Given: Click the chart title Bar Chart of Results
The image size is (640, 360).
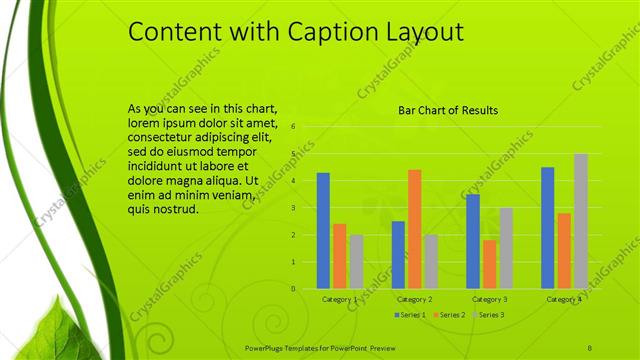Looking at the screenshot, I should pos(448,110).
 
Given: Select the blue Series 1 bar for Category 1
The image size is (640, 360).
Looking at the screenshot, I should pos(323,230).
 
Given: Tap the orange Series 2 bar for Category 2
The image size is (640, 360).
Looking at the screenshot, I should pos(414,229).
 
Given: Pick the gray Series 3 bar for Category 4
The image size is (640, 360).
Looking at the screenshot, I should pos(580,221).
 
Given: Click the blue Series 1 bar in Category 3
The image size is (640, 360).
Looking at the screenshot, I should pos(473,241).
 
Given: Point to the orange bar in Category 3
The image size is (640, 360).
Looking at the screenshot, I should pos(489,264).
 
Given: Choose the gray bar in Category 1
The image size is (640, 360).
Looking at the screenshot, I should pos(356,261).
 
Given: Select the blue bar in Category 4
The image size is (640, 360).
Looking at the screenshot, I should pos(547,227).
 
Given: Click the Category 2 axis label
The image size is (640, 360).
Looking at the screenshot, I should pos(414,299).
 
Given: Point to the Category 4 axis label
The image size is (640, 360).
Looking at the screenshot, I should pos(564,299).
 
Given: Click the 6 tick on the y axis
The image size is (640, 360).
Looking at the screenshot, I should pos(293,127).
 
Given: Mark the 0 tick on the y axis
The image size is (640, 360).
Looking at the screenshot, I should pos(293,289).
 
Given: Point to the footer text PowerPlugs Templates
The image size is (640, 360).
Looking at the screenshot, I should pos(292,346).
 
